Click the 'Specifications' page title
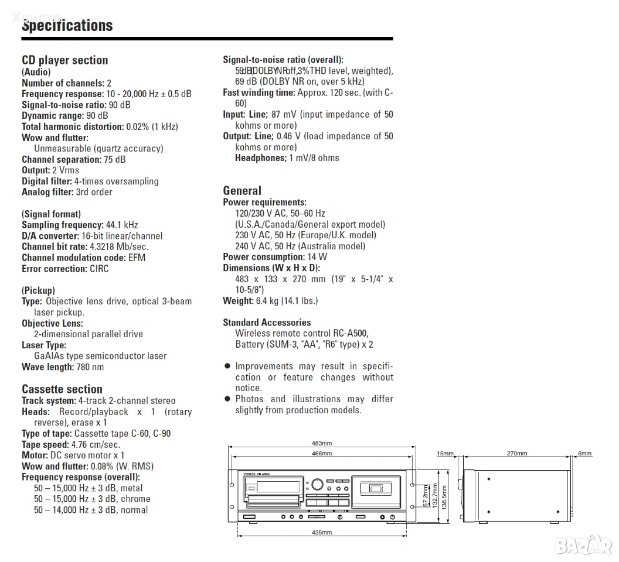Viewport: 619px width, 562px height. pos(67,26)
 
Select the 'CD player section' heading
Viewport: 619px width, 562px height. pos(65,60)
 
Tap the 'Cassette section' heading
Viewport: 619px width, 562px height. pos(62,389)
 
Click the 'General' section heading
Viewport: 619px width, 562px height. pos(242,191)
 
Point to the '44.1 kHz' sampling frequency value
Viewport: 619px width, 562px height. pos(122,225)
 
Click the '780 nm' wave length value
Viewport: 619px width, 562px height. pos(90,367)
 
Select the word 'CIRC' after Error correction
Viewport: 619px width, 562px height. pos(99,269)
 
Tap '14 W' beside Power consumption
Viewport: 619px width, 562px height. pos(317,257)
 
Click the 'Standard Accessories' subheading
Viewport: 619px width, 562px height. pos(267,323)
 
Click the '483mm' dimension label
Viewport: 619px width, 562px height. pos(322,443)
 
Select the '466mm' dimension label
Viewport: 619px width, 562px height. pos(322,453)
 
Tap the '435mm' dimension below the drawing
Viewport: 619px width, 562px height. pos(322,532)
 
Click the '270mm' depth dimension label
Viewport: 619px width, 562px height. pos(516,453)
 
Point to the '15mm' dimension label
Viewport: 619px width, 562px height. pos(445,453)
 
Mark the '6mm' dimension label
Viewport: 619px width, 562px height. pos(584,453)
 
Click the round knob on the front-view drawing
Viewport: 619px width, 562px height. pos(317,484)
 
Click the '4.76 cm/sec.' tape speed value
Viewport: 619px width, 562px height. pos(95,444)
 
